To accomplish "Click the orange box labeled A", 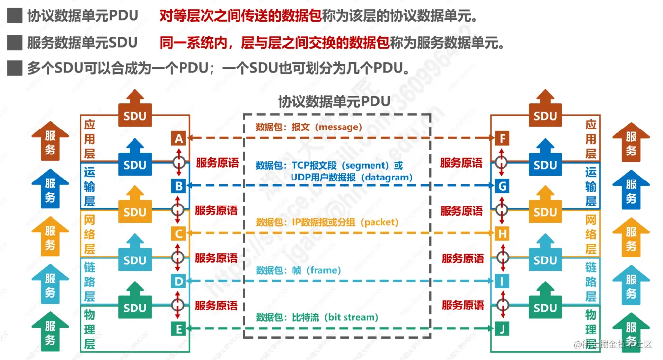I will pyautogui.click(x=179, y=139).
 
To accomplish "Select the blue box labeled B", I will pyautogui.click(x=179, y=186).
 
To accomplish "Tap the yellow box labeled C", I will pyautogui.click(x=179, y=234).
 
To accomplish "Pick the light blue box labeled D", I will pyautogui.click(x=179, y=282).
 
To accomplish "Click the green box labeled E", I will pyautogui.click(x=179, y=329).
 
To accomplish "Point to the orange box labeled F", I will pyautogui.click(x=502, y=139).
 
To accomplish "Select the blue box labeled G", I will pyautogui.click(x=502, y=186).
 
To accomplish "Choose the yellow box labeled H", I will pyautogui.click(x=502, y=234).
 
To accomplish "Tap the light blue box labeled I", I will pyautogui.click(x=502, y=282).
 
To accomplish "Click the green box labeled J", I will pyautogui.click(x=502, y=329).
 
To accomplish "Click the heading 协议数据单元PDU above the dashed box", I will pyautogui.click(x=334, y=102).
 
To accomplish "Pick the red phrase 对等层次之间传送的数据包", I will pyautogui.click(x=240, y=16).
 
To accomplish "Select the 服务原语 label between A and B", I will pyautogui.click(x=216, y=163).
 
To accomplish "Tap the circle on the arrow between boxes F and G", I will pyautogui.click(x=502, y=162).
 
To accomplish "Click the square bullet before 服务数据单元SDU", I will pyautogui.click(x=14, y=43).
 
